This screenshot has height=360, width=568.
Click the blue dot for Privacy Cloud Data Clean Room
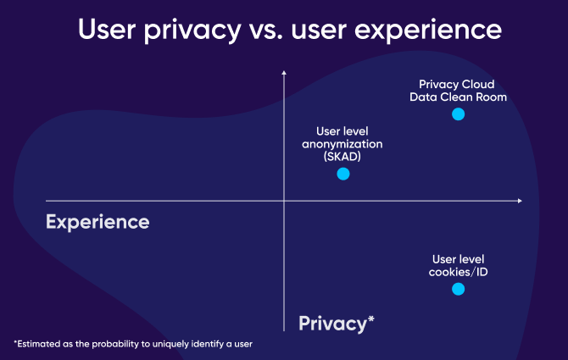[459, 114]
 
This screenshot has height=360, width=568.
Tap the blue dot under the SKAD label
[343, 174]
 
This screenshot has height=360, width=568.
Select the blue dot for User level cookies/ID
[459, 289]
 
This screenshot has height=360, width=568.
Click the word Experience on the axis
[97, 223]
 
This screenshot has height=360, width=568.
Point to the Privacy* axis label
[337, 324]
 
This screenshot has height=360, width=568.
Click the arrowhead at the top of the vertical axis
[284, 73]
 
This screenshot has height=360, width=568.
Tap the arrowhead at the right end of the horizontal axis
[520, 201]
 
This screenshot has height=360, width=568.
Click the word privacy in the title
[192, 30]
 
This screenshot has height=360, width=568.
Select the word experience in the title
[428, 30]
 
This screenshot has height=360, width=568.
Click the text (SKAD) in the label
[342, 157]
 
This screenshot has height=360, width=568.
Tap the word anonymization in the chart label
[342, 144]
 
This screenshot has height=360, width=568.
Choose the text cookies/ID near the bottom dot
[459, 272]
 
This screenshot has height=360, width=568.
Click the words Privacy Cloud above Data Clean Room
[456, 85]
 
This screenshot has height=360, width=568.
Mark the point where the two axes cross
[284, 201]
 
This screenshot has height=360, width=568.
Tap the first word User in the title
[107, 30]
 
